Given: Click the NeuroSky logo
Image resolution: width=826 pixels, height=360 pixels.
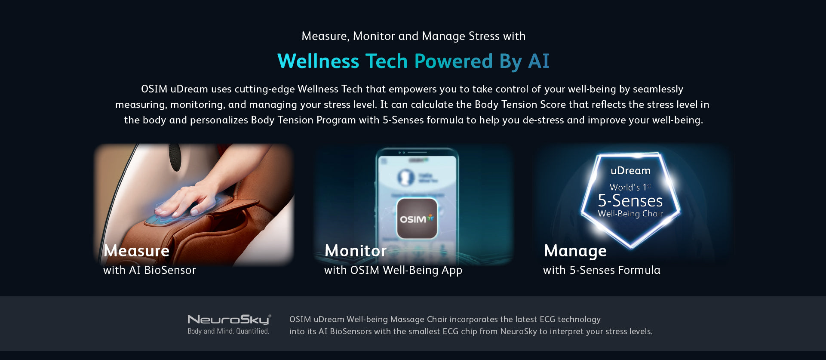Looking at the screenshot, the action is tap(229, 319).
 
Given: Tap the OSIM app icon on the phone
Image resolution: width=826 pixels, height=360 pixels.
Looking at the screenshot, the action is tap(417, 218).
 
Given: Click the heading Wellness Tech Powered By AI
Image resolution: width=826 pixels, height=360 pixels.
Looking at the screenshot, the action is tap(413, 61).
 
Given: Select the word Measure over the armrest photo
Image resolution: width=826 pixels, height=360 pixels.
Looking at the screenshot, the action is tap(136, 251).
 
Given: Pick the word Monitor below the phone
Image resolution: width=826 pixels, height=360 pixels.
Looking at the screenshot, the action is tap(356, 251).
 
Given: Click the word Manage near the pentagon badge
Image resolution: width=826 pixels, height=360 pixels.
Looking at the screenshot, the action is tap(575, 251).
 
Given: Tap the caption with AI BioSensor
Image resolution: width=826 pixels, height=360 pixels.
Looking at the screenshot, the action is tap(149, 270).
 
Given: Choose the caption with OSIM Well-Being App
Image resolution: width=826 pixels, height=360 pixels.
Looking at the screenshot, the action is tap(393, 271).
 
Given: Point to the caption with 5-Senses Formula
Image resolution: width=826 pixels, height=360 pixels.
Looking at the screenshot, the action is tap(602, 270).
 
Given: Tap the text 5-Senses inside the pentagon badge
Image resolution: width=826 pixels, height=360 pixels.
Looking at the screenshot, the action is tap(630, 201).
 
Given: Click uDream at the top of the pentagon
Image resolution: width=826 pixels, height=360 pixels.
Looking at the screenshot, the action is tap(630, 171).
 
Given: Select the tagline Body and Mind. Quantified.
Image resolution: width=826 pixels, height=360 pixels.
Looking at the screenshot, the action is tap(228, 331).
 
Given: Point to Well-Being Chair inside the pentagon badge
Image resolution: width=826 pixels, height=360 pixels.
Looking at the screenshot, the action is tap(630, 214).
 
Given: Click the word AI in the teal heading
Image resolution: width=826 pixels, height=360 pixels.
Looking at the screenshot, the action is tap(539, 61).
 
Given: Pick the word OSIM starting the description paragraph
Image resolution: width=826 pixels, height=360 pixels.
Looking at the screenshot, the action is tap(154, 89).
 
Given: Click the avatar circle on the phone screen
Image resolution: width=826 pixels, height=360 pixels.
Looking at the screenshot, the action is tap(405, 177).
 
